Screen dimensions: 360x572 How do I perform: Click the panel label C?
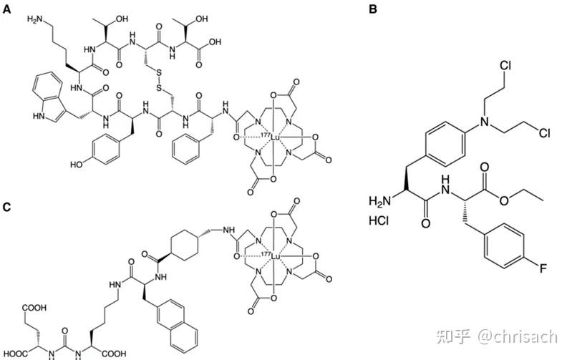coord(6,208)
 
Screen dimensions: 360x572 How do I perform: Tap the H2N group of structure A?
coord(35,19)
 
